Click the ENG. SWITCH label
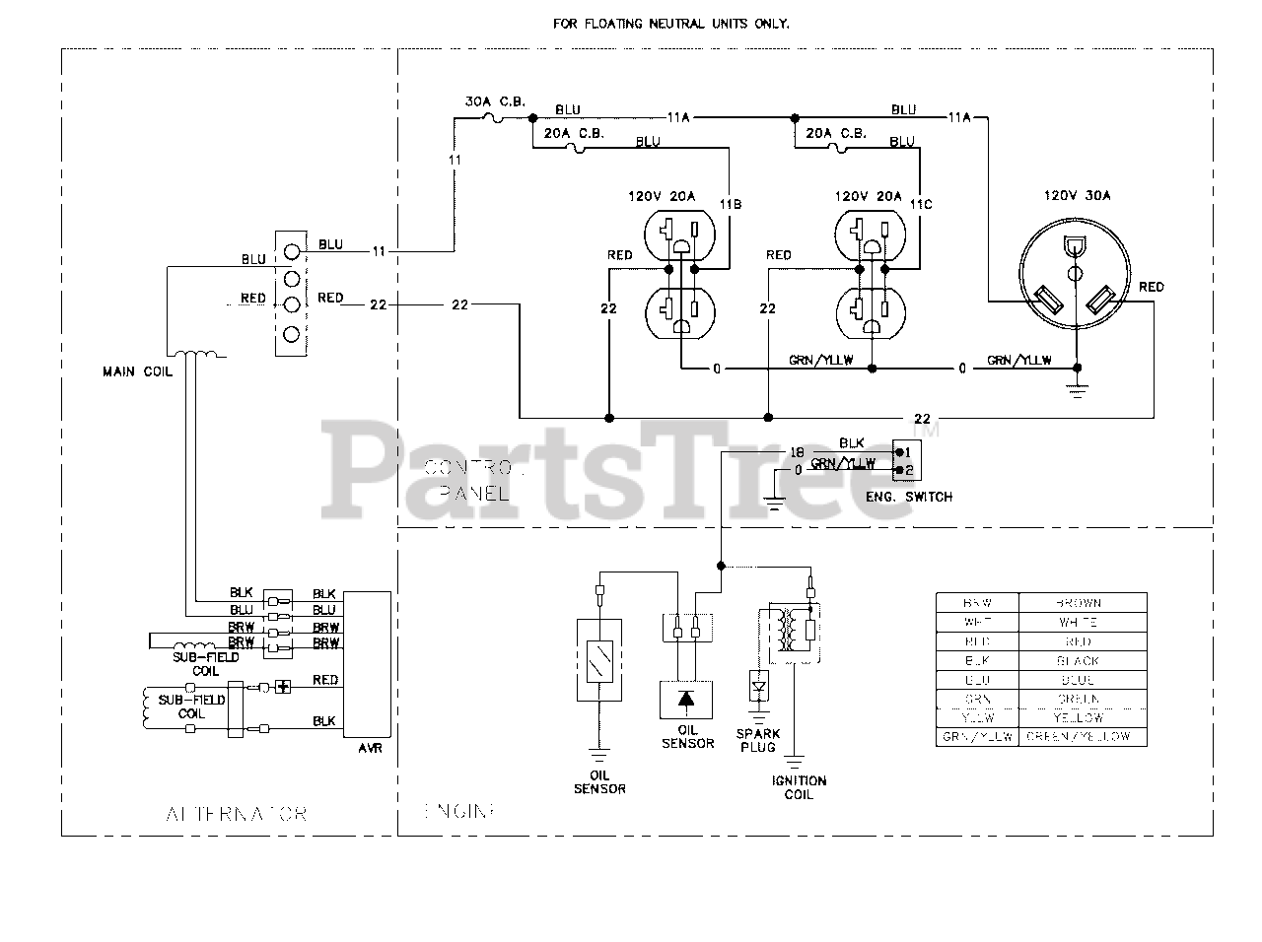909,497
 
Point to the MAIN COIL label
136,371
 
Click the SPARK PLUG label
757,740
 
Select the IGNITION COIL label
800,787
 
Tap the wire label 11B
730,204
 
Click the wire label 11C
921,204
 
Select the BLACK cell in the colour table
1082,661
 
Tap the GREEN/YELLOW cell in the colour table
1082,736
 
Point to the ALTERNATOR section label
237,814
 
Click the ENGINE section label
459,811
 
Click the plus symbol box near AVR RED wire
283,686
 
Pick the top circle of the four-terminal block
290,251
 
